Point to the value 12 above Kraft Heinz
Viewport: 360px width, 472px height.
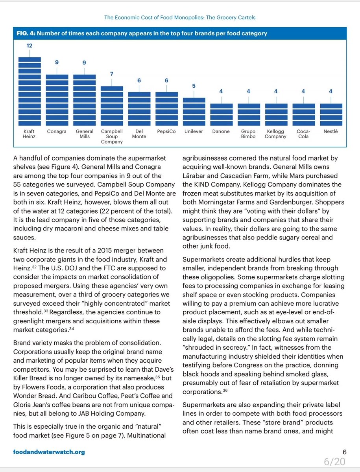click(x=30, y=46)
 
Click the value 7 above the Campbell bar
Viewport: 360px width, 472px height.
click(x=112, y=74)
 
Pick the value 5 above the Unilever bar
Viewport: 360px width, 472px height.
click(x=194, y=86)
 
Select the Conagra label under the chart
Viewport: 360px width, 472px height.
click(x=57, y=131)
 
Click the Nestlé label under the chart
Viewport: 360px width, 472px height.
click(x=330, y=131)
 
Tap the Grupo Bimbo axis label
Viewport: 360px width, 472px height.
click(x=248, y=134)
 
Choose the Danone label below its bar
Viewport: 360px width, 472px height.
click(x=221, y=131)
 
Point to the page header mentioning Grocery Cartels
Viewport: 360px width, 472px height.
click(x=180, y=18)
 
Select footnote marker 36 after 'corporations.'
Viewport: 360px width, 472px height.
click(x=225, y=391)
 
